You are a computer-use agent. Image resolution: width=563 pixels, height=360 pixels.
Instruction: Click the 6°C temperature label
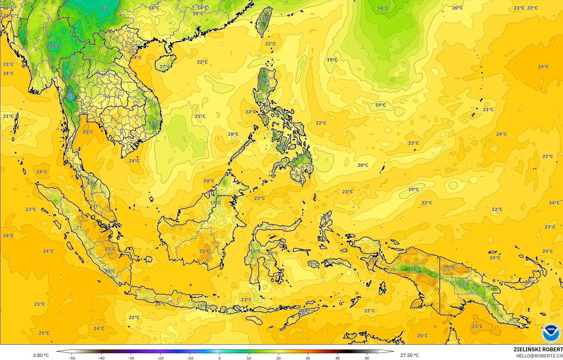click(105, 8)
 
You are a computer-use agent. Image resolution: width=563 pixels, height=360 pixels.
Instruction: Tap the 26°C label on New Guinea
click(449, 267)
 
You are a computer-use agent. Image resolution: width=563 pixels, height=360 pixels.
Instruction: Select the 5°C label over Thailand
click(70, 96)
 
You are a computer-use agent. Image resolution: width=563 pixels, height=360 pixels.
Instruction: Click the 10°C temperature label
click(55, 46)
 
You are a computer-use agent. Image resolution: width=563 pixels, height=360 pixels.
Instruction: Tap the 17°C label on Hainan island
click(165, 67)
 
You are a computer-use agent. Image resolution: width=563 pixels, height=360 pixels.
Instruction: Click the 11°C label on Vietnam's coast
click(154, 123)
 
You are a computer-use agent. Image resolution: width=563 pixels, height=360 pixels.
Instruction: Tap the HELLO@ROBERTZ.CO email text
click(539, 356)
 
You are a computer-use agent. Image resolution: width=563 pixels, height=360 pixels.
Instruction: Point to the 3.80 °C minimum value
click(41, 355)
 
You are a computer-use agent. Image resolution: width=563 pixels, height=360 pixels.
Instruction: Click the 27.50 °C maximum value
click(409, 355)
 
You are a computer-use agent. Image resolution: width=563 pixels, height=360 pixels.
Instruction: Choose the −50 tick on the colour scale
click(72, 358)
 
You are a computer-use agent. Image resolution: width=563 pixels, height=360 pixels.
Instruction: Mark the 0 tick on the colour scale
click(220, 358)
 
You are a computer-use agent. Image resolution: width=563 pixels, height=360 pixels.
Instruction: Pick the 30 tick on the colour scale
click(308, 358)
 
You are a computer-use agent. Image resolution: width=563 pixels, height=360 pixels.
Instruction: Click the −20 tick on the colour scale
click(160, 358)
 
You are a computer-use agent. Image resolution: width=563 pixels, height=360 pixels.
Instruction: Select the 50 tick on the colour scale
click(367, 358)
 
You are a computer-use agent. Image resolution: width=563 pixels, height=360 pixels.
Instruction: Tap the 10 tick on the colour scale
click(249, 358)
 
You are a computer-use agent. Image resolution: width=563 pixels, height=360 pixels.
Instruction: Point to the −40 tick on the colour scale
click(101, 358)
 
